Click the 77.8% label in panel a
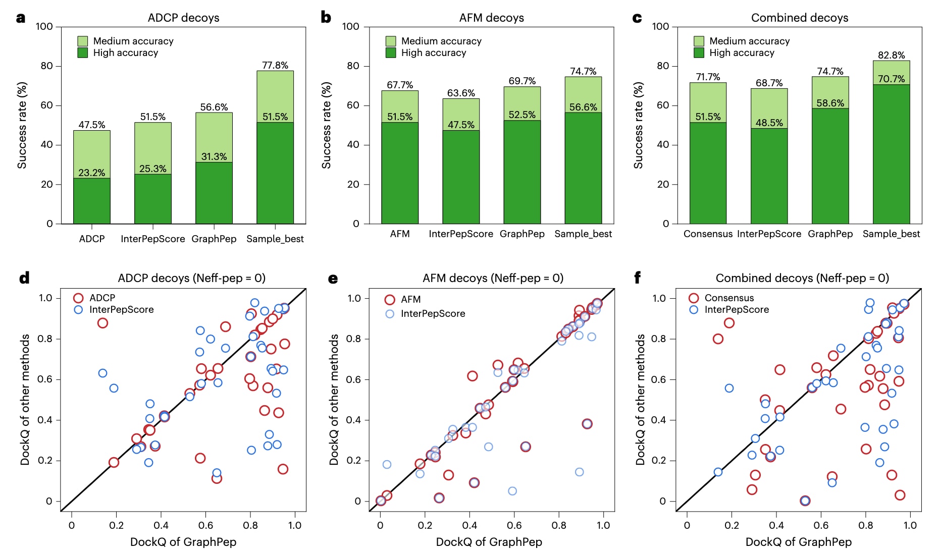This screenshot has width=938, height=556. point(275,65)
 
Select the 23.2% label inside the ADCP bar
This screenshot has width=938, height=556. point(92,173)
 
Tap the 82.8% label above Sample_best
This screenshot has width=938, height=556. point(891,55)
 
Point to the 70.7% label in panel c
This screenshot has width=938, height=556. point(891,79)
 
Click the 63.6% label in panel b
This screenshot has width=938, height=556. point(461,93)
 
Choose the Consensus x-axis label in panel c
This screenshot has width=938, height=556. point(708,234)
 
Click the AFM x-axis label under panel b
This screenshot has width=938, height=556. point(400,234)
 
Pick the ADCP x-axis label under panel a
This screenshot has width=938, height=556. point(92,239)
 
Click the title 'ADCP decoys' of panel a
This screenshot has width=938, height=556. point(183,18)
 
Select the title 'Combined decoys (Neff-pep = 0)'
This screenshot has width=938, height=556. point(802,278)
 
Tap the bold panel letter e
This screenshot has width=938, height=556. point(333,279)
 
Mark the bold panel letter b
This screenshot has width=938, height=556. point(326,18)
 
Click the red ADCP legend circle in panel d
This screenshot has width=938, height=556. point(78,298)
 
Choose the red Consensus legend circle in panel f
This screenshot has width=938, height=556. point(694,298)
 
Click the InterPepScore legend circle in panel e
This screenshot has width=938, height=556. point(390,314)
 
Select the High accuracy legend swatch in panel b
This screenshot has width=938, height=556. point(391,52)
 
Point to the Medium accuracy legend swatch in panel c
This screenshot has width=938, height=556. point(699,41)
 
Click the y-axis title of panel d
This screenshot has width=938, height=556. point(25,399)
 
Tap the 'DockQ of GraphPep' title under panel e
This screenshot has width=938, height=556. point(489,542)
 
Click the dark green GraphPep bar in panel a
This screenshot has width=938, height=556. point(214,193)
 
